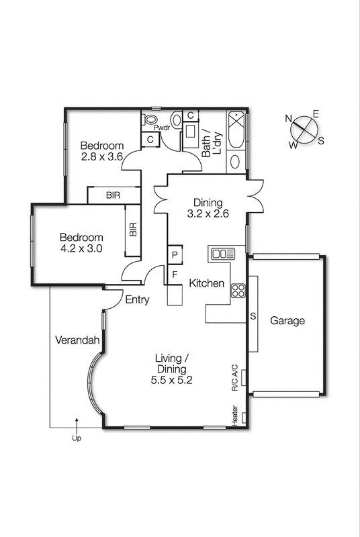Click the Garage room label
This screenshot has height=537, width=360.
click(287, 321)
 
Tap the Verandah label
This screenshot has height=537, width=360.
click(77, 340)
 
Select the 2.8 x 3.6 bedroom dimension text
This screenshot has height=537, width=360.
click(103, 158)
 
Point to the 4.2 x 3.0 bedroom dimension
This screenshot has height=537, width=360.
click(81, 249)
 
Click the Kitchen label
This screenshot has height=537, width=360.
click(206, 283)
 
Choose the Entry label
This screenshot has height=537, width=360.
click(138, 300)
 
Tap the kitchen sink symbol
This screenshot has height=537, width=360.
click(222, 254)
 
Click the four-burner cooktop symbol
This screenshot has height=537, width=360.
click(238, 291)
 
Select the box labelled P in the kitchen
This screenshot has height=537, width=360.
click(175, 255)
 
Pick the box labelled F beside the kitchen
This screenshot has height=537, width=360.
click(175, 274)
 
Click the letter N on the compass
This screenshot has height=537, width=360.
click(289, 119)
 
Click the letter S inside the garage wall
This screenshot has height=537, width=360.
click(253, 316)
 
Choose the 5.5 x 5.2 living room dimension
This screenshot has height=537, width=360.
click(173, 381)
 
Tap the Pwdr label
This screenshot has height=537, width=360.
click(161, 128)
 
